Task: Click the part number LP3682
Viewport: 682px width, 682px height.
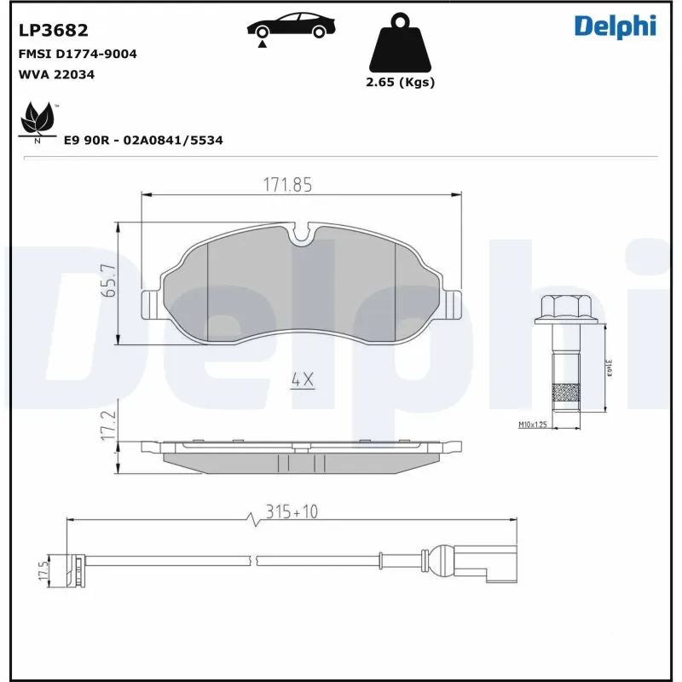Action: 53,31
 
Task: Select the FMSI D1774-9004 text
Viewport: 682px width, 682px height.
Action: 78,54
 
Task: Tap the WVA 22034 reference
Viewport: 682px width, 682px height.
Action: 56,74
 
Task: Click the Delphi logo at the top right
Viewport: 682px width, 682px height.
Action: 614,26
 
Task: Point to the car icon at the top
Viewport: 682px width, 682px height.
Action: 289,26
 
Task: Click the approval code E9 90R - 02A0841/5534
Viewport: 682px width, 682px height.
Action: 143,140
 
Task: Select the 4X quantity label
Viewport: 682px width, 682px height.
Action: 302,380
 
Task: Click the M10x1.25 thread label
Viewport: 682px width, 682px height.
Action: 531,425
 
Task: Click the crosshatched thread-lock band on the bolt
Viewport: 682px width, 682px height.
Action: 563,393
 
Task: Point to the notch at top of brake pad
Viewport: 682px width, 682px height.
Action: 302,234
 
